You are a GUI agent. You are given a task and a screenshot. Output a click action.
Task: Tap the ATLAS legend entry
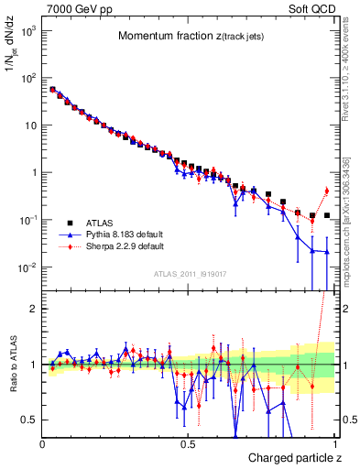[98, 223]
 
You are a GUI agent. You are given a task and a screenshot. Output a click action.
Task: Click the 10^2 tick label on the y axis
[25, 78]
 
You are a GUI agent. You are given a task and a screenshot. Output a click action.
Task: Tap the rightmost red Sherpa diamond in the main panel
[327, 191]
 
